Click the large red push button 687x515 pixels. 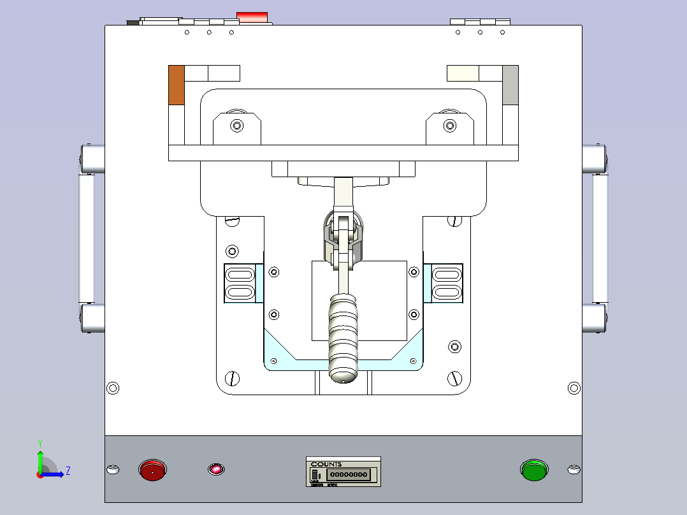152,470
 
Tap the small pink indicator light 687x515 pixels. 216,470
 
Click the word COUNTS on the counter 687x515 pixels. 326,464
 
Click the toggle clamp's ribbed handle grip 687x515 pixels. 344,338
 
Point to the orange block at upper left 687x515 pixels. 177,85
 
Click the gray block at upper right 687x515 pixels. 510,85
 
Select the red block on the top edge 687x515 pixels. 252,17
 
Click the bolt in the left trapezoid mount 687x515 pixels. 237,126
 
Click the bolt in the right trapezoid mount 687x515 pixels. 450,126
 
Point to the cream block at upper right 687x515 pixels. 463,73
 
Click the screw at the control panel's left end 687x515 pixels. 113,470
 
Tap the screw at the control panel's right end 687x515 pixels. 574,470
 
